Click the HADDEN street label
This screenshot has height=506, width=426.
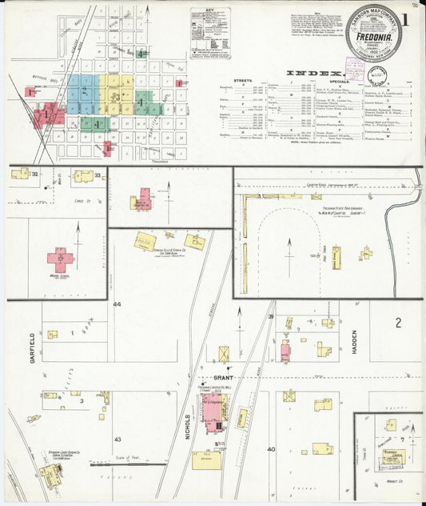354,347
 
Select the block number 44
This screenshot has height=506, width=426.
117,305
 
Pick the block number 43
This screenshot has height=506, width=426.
117,440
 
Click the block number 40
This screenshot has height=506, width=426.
271,448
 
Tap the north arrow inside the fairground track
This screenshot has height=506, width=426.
289,244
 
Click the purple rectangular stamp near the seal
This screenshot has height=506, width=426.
355,69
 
